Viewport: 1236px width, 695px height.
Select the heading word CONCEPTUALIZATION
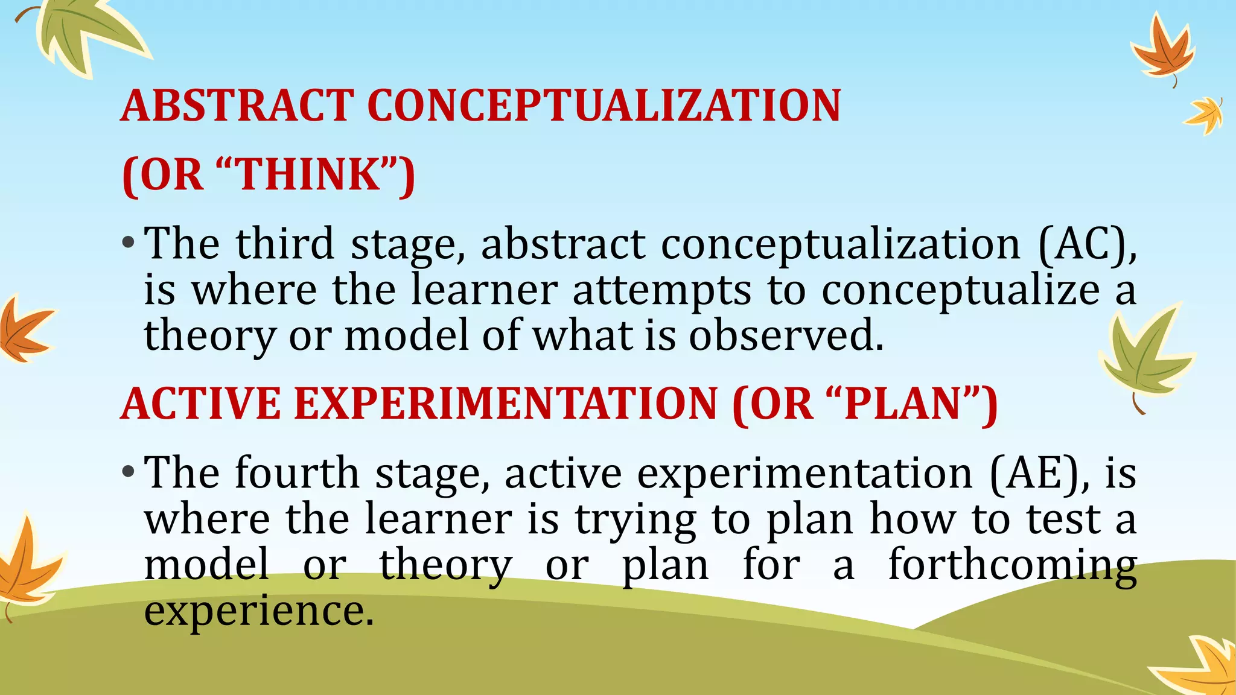pyautogui.click(x=604, y=106)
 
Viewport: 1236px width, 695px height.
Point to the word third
pyautogui.click(x=285, y=244)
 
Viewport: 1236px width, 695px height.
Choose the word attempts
pyautogui.click(x=661, y=291)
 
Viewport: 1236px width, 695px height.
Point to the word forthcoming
pyautogui.click(x=1012, y=566)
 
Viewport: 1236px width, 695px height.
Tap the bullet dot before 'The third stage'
pyautogui.click(x=127, y=244)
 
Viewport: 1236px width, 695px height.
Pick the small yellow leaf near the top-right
pyautogui.click(x=1205, y=115)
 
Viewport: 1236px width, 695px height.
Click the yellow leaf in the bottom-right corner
pyautogui.click(x=1201, y=667)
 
